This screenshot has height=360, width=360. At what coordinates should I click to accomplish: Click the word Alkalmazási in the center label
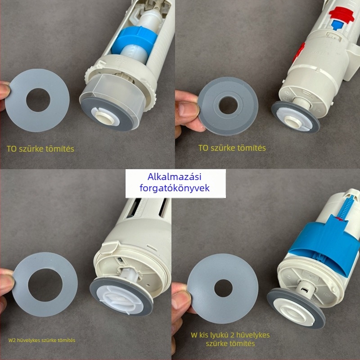(x=174, y=177)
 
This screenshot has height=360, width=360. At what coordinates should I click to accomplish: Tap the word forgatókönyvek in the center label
(x=175, y=188)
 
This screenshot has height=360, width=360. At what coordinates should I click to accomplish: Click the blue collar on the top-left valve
(x=135, y=42)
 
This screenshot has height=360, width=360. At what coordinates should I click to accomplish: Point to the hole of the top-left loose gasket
(x=38, y=100)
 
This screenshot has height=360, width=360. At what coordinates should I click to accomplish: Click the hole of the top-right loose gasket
(x=228, y=105)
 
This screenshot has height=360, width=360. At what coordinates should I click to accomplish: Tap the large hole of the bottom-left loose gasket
(x=45, y=285)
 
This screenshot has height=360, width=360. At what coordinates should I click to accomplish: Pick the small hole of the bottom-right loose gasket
(x=223, y=288)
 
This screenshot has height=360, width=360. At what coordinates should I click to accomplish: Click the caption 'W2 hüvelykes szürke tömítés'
(x=42, y=340)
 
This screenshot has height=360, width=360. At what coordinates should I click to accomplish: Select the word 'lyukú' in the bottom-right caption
(x=219, y=335)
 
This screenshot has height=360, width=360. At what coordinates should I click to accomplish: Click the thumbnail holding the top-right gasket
(x=187, y=110)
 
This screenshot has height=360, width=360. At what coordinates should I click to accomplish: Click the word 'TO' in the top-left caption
(x=11, y=149)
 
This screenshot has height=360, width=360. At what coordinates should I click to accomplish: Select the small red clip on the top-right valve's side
(x=299, y=52)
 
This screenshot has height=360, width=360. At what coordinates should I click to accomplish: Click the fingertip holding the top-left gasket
(x=4, y=91)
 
